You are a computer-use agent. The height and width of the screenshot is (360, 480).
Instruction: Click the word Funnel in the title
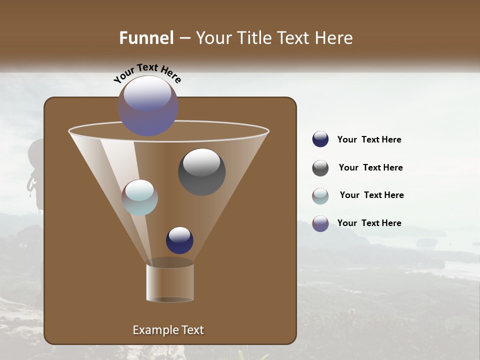click(146, 38)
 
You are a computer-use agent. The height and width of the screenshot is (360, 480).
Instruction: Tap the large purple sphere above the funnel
click(148, 105)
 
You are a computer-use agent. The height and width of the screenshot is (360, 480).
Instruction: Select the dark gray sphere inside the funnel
click(201, 171)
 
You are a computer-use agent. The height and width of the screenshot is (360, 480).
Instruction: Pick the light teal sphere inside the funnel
click(139, 197)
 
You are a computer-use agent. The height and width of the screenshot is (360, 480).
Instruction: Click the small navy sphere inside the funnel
click(179, 240)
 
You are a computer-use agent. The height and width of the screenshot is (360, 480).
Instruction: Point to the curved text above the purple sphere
click(147, 72)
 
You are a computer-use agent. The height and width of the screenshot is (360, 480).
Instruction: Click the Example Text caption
click(168, 330)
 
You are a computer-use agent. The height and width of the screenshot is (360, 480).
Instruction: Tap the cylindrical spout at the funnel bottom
click(170, 283)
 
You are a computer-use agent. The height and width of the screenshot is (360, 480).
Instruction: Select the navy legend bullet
click(320, 139)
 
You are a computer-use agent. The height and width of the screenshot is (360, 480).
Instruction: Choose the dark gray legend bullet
click(320, 168)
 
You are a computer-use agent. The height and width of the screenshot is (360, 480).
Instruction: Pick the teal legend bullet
click(320, 196)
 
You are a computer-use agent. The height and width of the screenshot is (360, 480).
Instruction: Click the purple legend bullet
click(320, 223)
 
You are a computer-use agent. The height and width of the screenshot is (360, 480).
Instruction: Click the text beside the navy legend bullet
click(369, 139)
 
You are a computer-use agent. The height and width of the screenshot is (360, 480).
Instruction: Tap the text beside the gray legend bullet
click(370, 167)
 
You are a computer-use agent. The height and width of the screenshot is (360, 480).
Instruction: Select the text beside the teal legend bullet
click(371, 195)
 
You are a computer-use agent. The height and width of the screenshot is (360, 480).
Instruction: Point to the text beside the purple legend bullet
click(369, 223)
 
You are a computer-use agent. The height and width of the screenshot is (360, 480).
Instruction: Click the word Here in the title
click(334, 38)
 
